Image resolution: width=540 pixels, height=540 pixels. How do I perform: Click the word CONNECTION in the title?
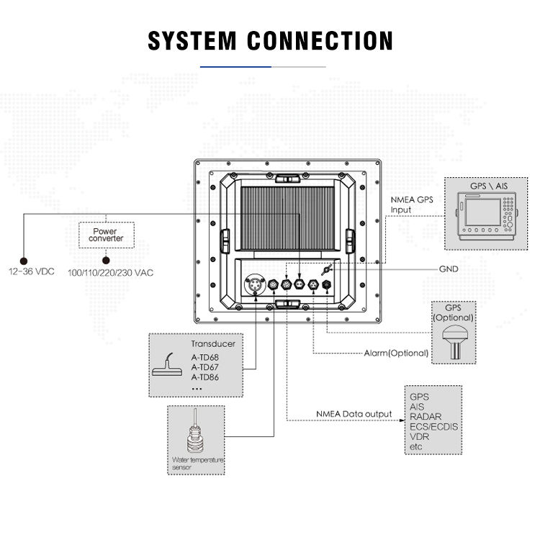(x=320, y=40)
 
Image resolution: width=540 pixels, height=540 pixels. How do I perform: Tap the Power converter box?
(x=106, y=235)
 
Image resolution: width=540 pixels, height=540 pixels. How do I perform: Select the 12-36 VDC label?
(x=32, y=271)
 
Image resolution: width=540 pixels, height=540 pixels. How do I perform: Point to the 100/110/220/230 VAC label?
(x=110, y=273)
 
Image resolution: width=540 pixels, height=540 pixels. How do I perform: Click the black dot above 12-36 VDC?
(x=24, y=261)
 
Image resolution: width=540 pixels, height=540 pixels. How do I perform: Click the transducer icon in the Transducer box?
(x=168, y=365)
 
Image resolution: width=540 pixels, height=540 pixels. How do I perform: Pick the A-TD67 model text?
(x=205, y=367)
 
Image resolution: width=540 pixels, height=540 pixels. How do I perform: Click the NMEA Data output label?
(x=354, y=414)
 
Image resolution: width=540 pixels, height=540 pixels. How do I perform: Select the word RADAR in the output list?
(x=426, y=416)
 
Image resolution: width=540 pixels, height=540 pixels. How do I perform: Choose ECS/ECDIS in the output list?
(x=433, y=427)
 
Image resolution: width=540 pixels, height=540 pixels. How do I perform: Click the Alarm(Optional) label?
(x=396, y=353)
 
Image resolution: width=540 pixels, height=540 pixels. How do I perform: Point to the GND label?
(x=449, y=269)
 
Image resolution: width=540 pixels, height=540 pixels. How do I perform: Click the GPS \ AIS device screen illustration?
(x=482, y=212)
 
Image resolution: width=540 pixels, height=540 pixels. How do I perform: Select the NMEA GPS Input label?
(x=412, y=205)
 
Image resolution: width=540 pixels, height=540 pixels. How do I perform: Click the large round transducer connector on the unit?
(x=255, y=284)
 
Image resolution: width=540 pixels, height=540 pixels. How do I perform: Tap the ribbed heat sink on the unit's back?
(x=287, y=218)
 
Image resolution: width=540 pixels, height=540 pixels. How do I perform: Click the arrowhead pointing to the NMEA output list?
(x=402, y=420)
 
